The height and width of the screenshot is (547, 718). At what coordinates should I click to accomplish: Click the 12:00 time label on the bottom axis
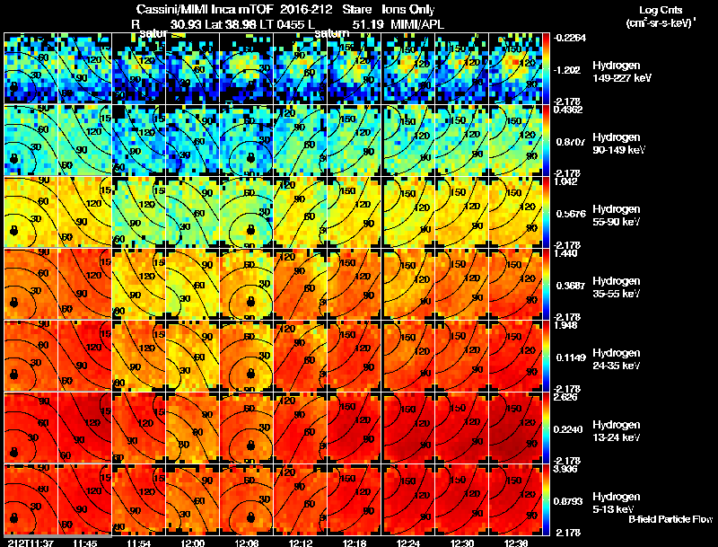(x=193, y=543)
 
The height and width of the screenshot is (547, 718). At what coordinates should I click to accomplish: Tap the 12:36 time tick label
(x=516, y=543)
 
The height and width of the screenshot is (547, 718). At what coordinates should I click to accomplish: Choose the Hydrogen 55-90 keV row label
(x=617, y=216)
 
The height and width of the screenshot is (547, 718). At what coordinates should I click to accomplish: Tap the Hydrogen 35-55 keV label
(x=617, y=287)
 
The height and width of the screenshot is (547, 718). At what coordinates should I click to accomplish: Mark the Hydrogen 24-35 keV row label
(x=617, y=359)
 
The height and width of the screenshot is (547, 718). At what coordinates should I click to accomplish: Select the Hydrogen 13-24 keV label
(x=617, y=431)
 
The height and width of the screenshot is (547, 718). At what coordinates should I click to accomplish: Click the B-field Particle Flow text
(x=670, y=519)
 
